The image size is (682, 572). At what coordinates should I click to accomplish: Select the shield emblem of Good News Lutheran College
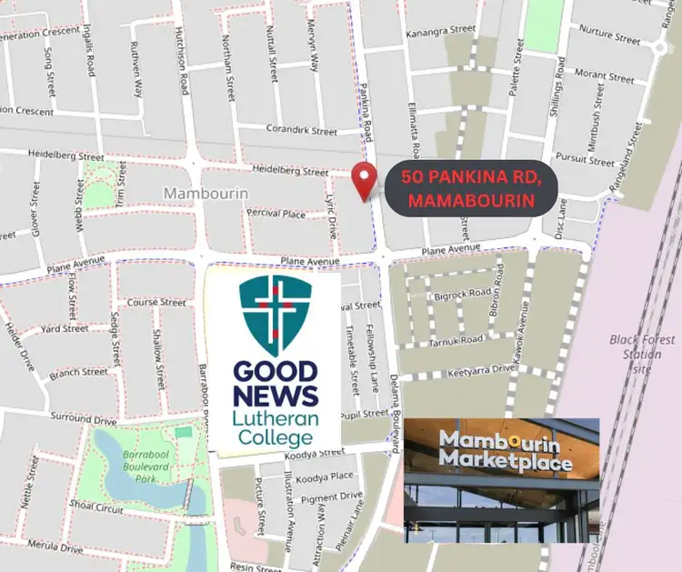(276, 314)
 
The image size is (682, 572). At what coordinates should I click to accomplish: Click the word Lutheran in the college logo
(275, 418)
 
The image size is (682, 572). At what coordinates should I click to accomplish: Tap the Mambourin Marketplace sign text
(506, 450)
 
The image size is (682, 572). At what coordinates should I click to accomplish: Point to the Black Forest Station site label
(643, 354)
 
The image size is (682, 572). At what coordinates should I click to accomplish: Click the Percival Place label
(276, 214)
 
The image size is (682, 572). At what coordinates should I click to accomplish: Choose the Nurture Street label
(608, 37)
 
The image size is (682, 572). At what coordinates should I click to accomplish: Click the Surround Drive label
(84, 420)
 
